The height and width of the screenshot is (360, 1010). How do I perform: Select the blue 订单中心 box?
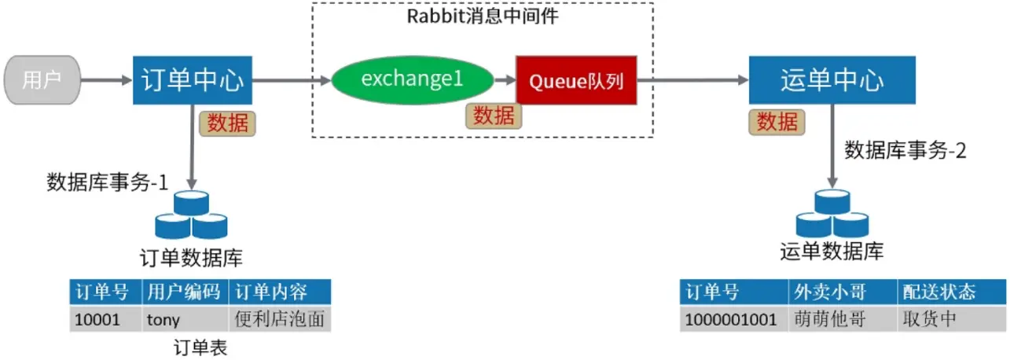(x=193, y=80)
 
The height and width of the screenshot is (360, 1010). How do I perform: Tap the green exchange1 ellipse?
(x=412, y=79)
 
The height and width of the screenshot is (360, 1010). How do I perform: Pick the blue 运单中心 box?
(x=832, y=80)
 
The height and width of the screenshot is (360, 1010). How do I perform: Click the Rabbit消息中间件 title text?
(x=482, y=16)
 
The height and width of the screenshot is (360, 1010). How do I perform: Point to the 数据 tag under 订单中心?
(x=227, y=123)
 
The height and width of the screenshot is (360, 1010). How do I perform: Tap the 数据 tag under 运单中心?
(x=777, y=122)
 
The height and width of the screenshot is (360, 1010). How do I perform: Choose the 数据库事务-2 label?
(x=905, y=151)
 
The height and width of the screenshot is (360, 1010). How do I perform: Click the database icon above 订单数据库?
(x=191, y=215)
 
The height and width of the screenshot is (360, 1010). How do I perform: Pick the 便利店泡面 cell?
(x=279, y=320)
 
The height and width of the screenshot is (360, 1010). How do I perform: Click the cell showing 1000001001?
(x=733, y=320)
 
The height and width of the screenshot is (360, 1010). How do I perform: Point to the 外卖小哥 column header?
(x=842, y=292)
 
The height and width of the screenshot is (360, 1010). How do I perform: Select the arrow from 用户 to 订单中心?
(x=106, y=79)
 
